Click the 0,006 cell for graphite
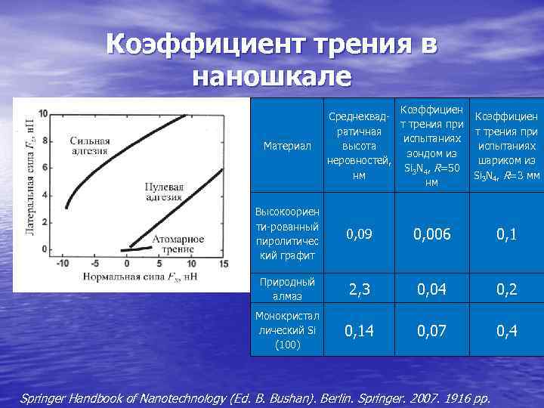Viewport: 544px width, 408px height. (x=432, y=235)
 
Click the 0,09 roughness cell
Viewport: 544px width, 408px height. (x=359, y=235)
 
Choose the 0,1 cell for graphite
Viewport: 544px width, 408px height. (x=507, y=235)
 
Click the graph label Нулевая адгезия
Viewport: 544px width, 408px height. (x=164, y=192)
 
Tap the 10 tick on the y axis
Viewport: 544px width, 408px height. (x=43, y=113)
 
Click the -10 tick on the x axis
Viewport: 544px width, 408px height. (x=64, y=264)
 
